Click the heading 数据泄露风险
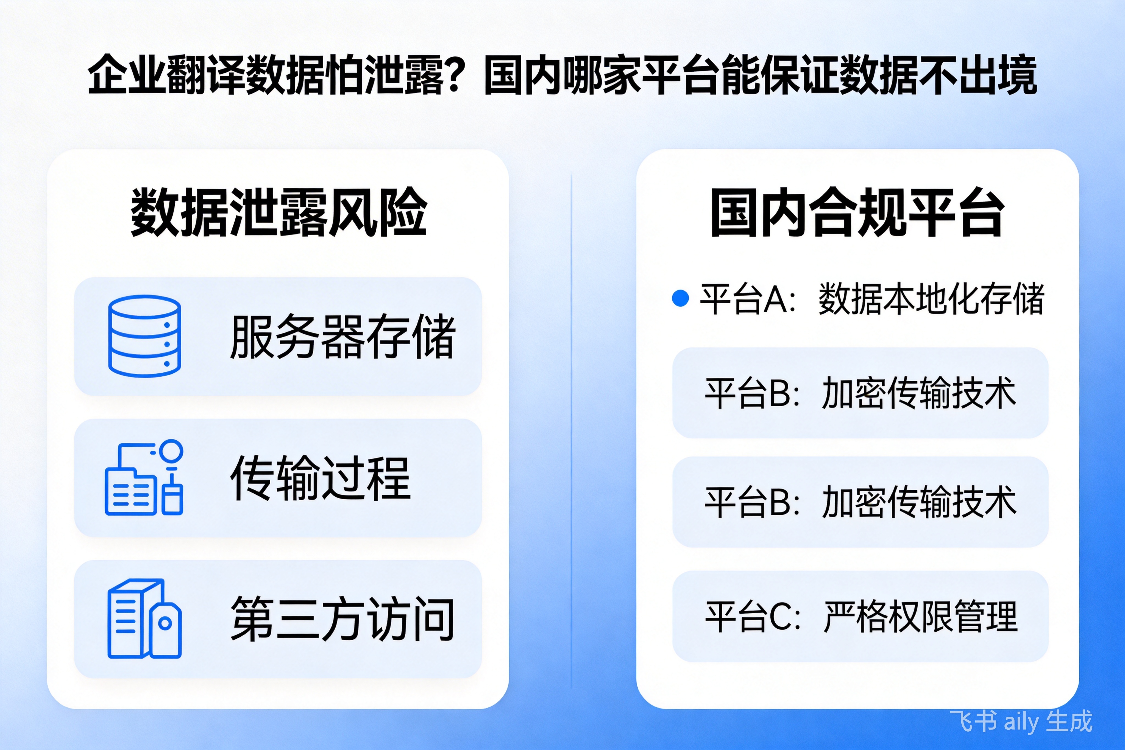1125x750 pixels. click(279, 212)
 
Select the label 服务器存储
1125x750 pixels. click(342, 336)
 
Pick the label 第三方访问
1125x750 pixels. click(342, 619)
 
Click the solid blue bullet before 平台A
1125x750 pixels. click(680, 298)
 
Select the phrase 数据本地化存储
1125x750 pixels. click(931, 299)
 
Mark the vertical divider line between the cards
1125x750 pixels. click(571, 430)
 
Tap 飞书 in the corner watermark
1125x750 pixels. click(974, 721)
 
